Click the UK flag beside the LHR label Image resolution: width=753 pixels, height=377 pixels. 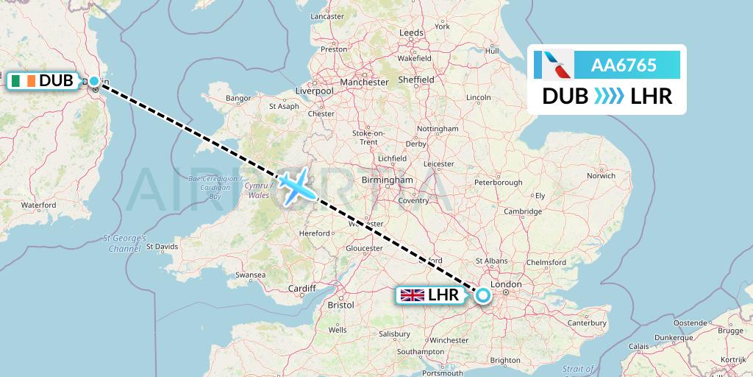click(x=412, y=295)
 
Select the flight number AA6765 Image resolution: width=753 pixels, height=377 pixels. click(x=624, y=66)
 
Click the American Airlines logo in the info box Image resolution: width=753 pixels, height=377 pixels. click(x=557, y=65)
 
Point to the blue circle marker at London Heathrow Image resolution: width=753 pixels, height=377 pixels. click(x=482, y=295)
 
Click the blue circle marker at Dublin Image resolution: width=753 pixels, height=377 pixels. click(x=94, y=81)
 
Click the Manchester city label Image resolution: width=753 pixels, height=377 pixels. click(x=364, y=82)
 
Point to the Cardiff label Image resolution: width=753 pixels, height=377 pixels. click(x=301, y=288)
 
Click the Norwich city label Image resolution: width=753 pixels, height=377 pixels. click(x=601, y=175)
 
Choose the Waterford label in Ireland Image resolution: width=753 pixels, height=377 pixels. click(x=39, y=205)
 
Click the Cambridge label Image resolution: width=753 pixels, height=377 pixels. click(x=523, y=211)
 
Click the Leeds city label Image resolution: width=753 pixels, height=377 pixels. click(x=411, y=33)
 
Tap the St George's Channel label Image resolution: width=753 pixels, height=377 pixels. click(x=125, y=244)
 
